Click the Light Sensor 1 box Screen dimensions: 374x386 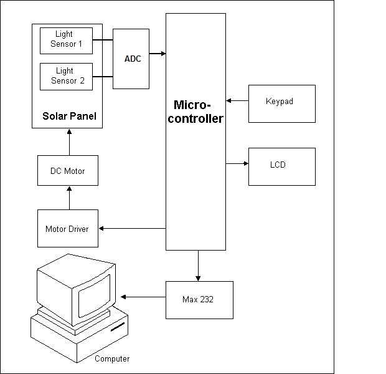click(x=66, y=40)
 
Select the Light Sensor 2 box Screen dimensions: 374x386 click(x=66, y=75)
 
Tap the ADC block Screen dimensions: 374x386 click(x=131, y=59)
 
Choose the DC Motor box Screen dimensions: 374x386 click(x=68, y=171)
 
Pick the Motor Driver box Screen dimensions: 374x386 click(x=67, y=229)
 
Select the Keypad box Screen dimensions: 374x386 click(x=281, y=101)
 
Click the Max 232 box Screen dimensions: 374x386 click(x=199, y=300)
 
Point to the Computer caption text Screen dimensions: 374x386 click(x=112, y=359)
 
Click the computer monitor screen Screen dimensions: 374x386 click(x=93, y=293)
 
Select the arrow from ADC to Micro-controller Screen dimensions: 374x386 click(x=158, y=54)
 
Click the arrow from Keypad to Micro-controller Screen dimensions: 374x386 click(x=237, y=100)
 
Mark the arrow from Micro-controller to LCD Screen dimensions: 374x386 click(x=237, y=164)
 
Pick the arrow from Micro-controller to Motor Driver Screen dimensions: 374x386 click(x=132, y=228)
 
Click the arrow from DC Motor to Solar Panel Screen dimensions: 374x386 click(x=68, y=141)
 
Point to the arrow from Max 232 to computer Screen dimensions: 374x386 click(x=143, y=297)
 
